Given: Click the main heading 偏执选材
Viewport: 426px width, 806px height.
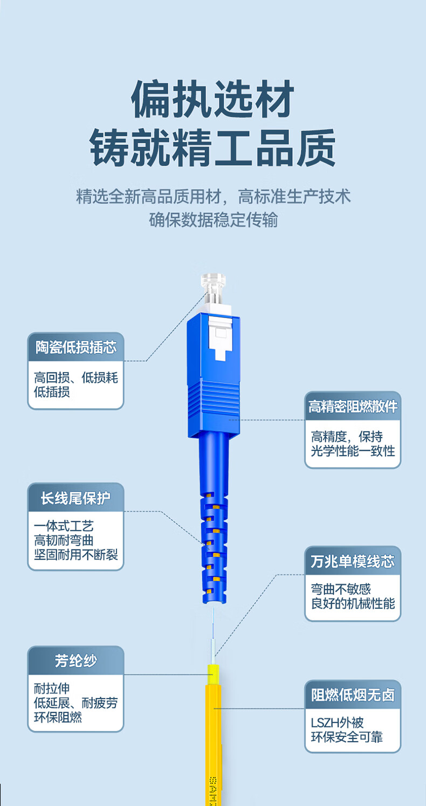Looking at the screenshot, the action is coord(212,99).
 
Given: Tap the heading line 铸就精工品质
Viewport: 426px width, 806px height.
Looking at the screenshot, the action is coord(212,148).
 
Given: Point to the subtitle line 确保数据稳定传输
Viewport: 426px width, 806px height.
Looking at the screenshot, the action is coord(214,219).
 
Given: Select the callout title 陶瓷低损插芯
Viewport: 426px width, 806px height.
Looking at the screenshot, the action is coord(76,347).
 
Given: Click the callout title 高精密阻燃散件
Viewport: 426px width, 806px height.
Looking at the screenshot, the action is coord(353,407).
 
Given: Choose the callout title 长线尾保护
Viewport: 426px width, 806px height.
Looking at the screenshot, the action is coord(75,498).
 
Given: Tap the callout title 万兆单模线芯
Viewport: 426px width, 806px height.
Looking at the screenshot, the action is coord(353,561).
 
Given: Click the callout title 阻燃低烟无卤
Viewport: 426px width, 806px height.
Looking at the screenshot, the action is coord(353,695).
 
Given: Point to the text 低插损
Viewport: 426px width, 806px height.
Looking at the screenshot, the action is coord(52,392).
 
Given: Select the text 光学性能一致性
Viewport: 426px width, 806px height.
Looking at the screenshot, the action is coord(353,451).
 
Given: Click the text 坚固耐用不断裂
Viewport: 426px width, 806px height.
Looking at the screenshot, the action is coord(76,554).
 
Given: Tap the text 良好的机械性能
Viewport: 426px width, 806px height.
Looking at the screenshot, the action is coord(353,603).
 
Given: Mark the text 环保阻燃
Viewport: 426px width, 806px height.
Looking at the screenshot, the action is coord(58,717).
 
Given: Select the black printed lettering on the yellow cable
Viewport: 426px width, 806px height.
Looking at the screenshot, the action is coord(213,791).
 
